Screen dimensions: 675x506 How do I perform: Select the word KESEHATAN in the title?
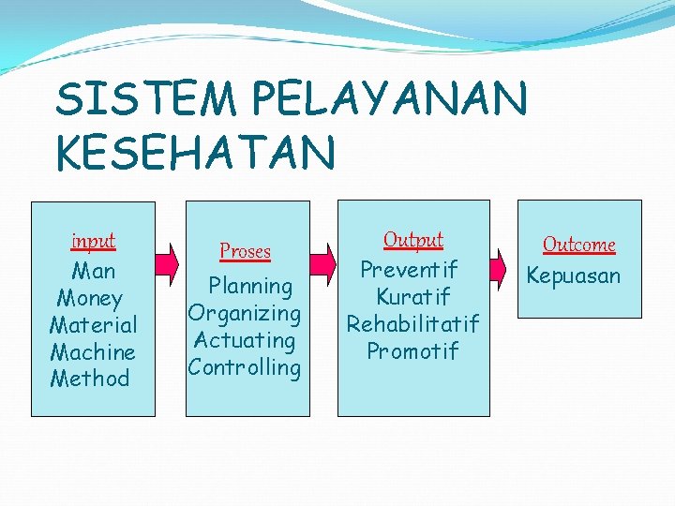coord(195,152)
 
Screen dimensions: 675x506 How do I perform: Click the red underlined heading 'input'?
coord(93,241)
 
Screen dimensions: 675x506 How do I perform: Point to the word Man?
coord(93,271)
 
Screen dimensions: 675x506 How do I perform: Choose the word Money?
coord(90,298)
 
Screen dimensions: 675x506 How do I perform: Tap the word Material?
coord(93,325)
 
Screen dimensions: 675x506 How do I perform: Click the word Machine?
coord(93,352)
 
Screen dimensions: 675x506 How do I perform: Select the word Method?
coord(90,379)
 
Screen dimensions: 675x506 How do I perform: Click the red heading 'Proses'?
coord(245,251)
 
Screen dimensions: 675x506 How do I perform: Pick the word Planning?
coord(250,286)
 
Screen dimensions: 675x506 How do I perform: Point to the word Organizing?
coord(244,313)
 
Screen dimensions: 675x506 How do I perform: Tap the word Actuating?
coord(245,340)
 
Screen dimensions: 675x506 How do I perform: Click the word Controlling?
coord(244,367)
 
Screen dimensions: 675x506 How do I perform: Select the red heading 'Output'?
coord(413,240)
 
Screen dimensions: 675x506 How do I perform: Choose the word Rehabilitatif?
coord(412,324)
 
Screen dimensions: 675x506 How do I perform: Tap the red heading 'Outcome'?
coord(579,245)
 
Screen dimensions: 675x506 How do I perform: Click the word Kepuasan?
coord(574,275)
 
